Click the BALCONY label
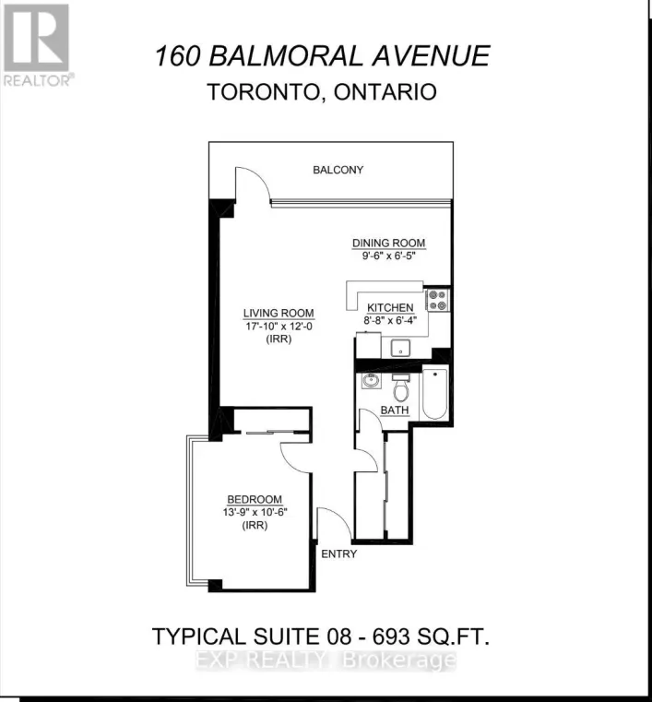[x=338, y=170]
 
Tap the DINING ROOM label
[x=388, y=244]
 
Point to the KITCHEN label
[x=390, y=307]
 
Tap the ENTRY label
[x=338, y=553]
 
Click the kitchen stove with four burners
[x=437, y=300]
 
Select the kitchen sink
[x=400, y=347]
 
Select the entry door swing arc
[x=328, y=522]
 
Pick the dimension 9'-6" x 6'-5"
[x=388, y=256]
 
